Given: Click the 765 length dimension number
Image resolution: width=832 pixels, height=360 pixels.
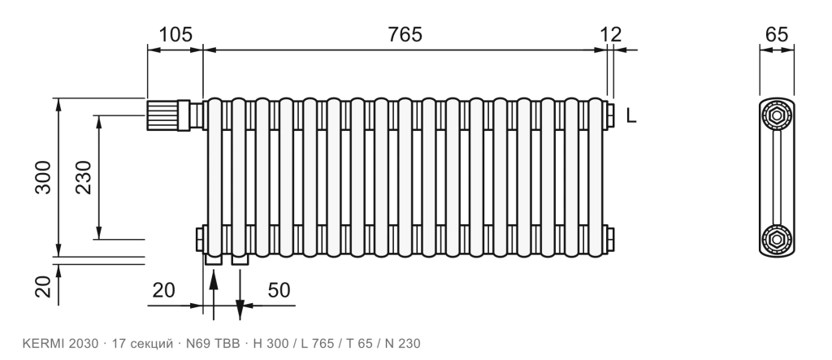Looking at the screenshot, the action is tap(405, 34).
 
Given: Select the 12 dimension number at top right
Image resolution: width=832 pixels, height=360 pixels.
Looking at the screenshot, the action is tap(611, 34).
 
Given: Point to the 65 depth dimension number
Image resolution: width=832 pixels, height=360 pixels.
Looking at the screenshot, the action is tap(777, 34).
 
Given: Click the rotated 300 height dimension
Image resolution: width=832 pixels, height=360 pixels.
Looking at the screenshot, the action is tap(44, 177).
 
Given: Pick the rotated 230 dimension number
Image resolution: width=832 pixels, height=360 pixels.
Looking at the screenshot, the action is tap(84, 177).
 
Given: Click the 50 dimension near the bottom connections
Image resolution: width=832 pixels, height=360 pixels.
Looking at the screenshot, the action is tap(279, 290).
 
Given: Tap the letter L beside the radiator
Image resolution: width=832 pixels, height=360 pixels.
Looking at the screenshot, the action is tap(630, 115).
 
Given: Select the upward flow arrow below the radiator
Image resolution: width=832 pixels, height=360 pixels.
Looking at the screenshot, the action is tap(214, 295).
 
